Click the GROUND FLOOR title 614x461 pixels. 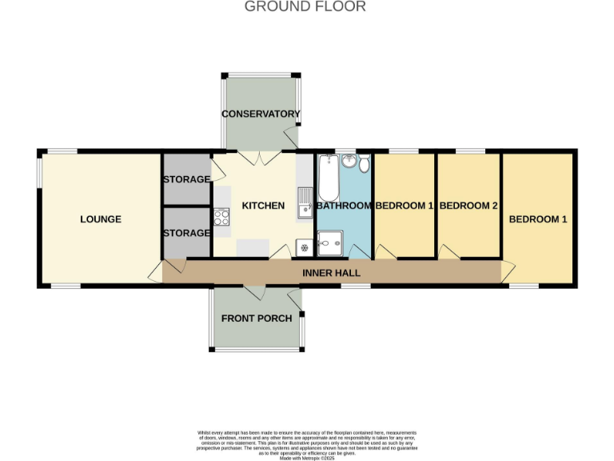click(305, 7)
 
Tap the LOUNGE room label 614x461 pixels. click(101, 219)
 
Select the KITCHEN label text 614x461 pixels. click(263, 206)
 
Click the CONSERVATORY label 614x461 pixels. click(261, 114)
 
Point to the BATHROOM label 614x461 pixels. click(344, 206)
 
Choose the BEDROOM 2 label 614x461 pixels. click(468, 206)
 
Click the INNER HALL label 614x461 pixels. click(331, 273)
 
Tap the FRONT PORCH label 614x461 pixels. click(257, 319)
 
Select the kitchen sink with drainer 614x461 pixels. click(305, 203)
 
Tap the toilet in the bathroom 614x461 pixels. click(364, 164)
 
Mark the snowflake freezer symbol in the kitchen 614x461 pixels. click(304, 247)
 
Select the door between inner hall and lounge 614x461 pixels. click(156, 272)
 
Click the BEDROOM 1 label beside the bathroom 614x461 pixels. click(405, 206)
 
